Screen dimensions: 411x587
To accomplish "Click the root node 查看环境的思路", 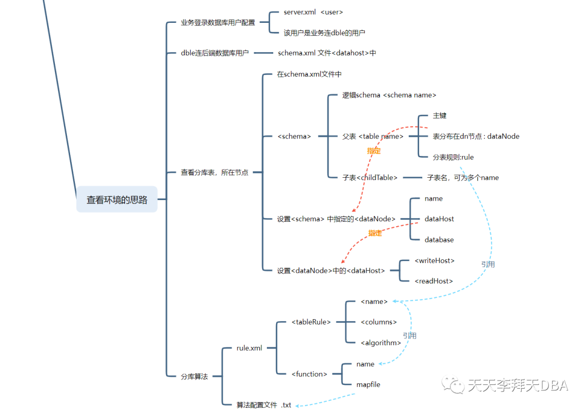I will [x=117, y=200].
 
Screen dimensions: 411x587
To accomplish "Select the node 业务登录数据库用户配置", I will [x=218, y=23].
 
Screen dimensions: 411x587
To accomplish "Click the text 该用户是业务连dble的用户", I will [x=324, y=33].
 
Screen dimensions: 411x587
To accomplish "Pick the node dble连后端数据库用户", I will [x=215, y=53].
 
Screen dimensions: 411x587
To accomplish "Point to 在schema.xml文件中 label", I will [x=309, y=74].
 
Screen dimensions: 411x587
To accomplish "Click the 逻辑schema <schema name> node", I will [x=389, y=95].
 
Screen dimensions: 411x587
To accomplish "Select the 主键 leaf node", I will [x=440, y=116].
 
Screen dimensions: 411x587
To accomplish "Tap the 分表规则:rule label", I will [x=453, y=157].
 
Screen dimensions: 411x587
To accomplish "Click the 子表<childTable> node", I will [x=370, y=178].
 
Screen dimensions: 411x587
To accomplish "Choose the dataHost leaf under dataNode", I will [x=439, y=219].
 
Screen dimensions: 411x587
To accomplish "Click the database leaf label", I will [x=439, y=240].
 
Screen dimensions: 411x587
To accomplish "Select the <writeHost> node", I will [x=434, y=261].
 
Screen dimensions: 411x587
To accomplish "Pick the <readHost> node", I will [x=433, y=281].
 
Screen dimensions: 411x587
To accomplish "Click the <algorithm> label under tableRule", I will [x=381, y=342].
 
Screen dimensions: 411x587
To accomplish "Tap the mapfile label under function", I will [x=369, y=384].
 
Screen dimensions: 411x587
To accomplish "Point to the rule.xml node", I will [x=249, y=348].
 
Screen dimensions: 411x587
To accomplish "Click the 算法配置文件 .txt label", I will [x=264, y=405].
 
